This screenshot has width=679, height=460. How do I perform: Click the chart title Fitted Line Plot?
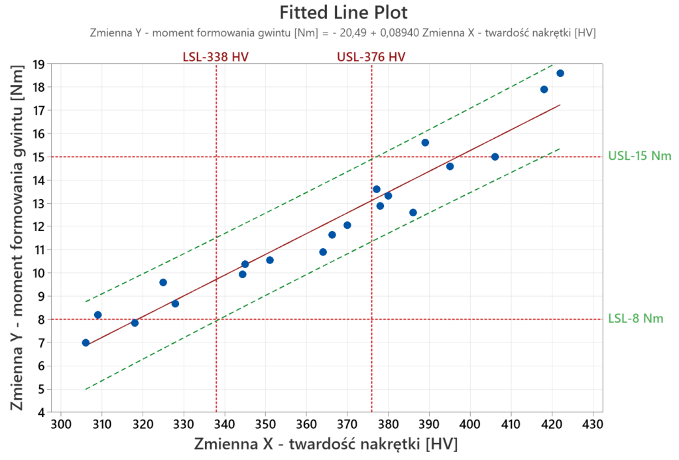point(343,13)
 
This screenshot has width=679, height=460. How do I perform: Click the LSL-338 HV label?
point(216,56)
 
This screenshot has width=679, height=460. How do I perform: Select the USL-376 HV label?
point(371,56)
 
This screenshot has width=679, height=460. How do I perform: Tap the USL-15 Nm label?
point(639,157)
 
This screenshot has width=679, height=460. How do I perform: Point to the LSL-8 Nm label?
point(635,319)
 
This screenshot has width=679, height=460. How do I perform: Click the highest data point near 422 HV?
point(560,73)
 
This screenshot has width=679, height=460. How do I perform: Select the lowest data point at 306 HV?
point(86,343)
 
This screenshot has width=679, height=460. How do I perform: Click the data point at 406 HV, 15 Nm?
point(495,157)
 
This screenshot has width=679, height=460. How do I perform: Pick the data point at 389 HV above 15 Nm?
point(425,143)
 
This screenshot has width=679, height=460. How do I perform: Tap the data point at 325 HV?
point(163,282)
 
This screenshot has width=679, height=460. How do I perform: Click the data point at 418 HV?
point(544,90)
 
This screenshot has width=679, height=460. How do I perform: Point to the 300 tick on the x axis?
point(61,423)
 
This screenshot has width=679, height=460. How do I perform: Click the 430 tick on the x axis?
point(593,423)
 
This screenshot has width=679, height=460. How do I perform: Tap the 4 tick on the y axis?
point(41,412)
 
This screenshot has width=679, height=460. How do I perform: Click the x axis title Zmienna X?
point(326,443)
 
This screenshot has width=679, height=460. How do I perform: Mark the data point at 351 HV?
point(270,260)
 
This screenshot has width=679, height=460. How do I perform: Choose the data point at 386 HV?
point(413,212)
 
